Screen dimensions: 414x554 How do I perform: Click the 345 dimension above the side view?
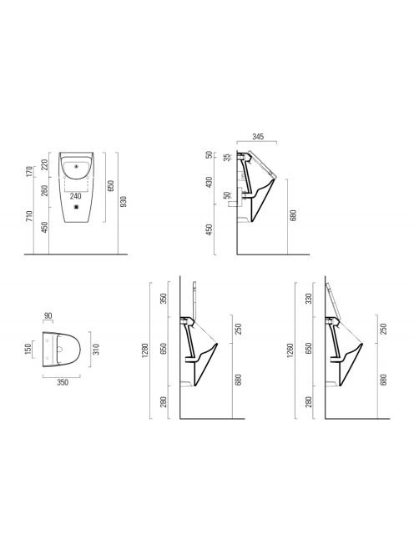point(258,136)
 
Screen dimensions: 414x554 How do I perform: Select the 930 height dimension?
point(124,201)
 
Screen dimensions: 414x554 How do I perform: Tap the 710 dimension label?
point(29,216)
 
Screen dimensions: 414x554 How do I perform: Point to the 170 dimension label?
point(29,171)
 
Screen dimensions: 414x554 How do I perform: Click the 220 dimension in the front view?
point(44,164)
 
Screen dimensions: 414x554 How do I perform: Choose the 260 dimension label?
point(44,191)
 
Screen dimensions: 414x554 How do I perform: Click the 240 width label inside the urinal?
point(75,196)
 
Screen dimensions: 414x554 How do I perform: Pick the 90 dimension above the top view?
point(48,316)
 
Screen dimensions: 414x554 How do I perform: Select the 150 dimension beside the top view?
point(28,349)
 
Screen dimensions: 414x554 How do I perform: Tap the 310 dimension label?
point(96,349)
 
